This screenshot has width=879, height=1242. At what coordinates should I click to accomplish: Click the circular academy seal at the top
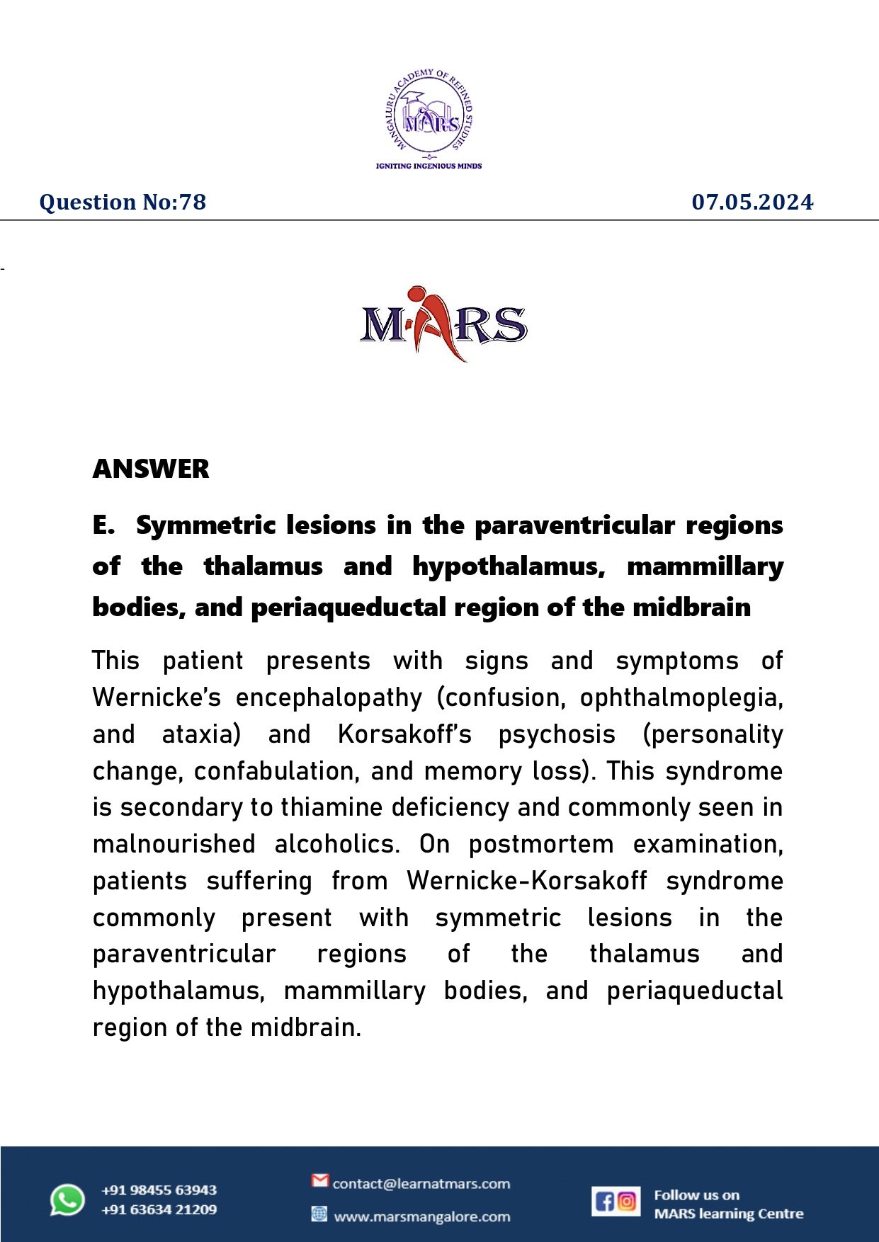tap(429, 113)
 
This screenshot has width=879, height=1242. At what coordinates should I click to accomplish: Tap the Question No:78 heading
tap(123, 203)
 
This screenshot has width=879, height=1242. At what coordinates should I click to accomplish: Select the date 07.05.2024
tap(752, 203)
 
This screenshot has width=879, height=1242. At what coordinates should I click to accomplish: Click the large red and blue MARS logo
tap(443, 324)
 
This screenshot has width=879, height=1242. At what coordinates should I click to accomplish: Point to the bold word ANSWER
tap(151, 469)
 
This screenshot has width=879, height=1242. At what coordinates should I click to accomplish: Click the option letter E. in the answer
tap(103, 525)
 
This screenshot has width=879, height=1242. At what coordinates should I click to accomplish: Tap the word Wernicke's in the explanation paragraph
tap(157, 697)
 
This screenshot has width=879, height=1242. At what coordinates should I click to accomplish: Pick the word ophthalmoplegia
tap(681, 697)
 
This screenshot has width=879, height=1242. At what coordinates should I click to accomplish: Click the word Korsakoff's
tap(404, 734)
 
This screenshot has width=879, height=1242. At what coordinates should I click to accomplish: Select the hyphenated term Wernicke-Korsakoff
tap(526, 881)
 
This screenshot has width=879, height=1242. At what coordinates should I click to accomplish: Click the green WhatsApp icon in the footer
tap(67, 1200)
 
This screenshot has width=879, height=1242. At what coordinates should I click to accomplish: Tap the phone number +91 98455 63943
tap(159, 1190)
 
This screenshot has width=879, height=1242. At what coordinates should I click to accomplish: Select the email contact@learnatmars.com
tap(421, 1183)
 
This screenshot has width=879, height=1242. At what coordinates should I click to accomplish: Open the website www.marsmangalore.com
tap(421, 1217)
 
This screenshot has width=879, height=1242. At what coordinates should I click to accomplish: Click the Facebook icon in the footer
tap(604, 1201)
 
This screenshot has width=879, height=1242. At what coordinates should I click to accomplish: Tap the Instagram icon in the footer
tap(628, 1201)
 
